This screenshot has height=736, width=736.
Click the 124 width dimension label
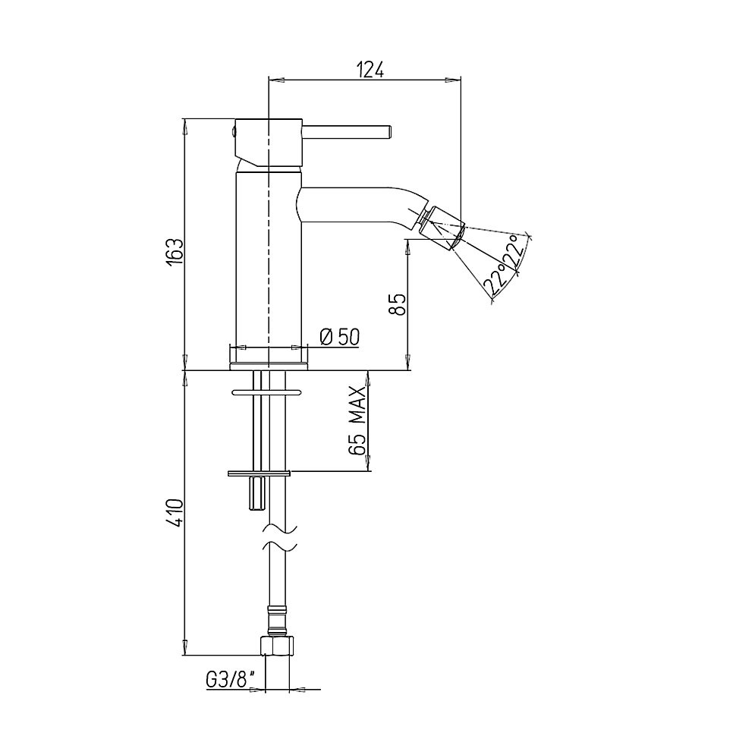(371, 70)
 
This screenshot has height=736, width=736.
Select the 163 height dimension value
(175, 253)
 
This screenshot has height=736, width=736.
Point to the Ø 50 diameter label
(339, 337)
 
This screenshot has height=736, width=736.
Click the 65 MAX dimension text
(357, 420)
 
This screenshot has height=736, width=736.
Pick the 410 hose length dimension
(175, 514)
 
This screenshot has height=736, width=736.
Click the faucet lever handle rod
(347, 132)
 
